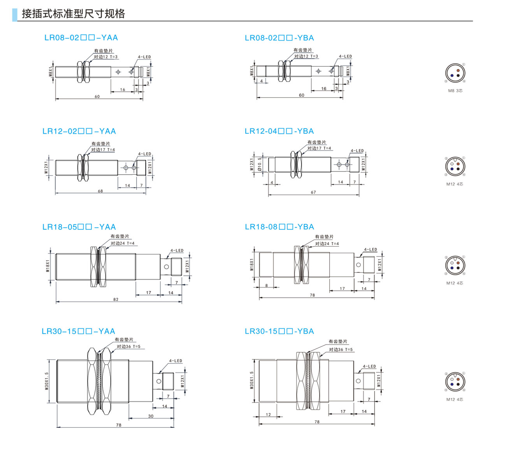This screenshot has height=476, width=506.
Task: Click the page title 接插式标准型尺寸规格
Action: click(73, 14)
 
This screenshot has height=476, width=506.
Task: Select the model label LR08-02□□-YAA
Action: click(81, 38)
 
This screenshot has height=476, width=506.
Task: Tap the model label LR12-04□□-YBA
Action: click(279, 131)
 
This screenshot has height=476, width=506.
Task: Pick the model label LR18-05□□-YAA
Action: click(79, 227)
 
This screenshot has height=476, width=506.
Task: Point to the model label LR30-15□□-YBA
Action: click(279, 331)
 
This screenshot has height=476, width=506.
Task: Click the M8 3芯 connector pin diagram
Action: click(455, 73)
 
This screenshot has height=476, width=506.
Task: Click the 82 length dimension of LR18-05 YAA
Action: click(116, 299)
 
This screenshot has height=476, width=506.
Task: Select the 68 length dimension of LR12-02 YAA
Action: click(100, 191)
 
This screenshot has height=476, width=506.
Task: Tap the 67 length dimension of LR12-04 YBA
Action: click(313, 192)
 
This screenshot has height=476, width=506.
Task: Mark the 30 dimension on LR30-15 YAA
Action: click(151, 416)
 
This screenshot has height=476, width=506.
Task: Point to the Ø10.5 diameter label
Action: click(260, 164)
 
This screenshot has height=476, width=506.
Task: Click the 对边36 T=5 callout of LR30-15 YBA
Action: click(341, 350)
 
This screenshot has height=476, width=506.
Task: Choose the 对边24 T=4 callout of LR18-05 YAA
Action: click(122, 243)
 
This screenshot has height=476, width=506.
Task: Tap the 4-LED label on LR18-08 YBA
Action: click(370, 250)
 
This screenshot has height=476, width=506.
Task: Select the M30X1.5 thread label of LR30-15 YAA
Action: click(47, 381)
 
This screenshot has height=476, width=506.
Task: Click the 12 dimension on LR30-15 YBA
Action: click(268, 415)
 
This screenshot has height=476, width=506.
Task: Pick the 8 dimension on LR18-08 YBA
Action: click(267, 285)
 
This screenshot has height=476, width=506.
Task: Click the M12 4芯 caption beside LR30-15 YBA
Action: click(455, 399)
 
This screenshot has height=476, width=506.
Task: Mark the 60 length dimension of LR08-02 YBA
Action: click(301, 95)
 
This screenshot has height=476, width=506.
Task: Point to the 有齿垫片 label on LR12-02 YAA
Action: click(100, 144)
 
